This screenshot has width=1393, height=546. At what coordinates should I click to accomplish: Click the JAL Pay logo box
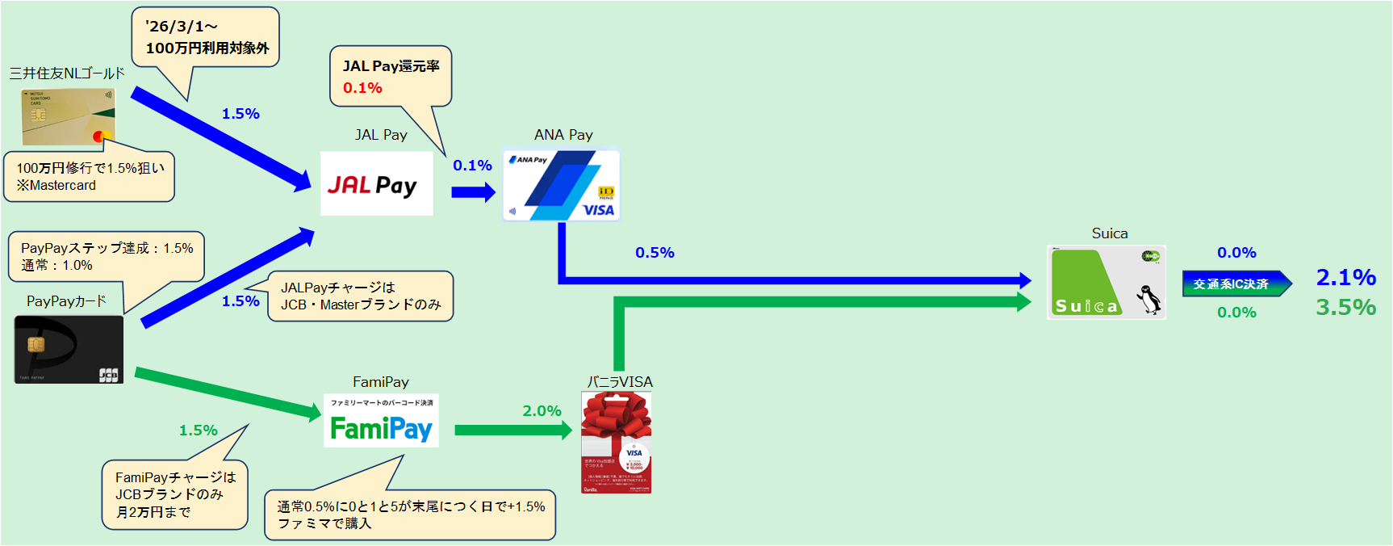[376, 184]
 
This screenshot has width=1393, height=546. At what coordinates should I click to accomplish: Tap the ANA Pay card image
[561, 184]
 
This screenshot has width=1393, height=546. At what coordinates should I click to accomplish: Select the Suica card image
[1106, 282]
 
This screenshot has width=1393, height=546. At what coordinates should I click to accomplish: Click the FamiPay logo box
[381, 421]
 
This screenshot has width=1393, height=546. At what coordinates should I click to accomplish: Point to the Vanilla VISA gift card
[616, 442]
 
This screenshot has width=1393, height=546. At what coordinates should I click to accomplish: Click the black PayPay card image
[69, 349]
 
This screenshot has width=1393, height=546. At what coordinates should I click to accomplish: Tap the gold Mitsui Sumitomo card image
[69, 116]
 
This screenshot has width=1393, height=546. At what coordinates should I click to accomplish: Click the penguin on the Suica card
[1149, 299]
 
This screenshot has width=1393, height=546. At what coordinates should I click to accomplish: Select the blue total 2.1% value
[1345, 277]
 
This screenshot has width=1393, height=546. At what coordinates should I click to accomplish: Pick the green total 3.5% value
[1345, 307]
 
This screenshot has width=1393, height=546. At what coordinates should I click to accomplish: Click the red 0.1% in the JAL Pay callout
[362, 88]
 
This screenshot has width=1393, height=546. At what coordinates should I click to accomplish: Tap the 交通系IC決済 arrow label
[1232, 283]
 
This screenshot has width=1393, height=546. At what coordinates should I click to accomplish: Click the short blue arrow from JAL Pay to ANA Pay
[473, 192]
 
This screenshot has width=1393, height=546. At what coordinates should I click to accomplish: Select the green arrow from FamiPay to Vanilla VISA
[512, 430]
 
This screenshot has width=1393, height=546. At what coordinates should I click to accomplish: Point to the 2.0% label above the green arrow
[542, 411]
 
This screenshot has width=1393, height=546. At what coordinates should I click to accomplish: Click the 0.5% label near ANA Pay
[655, 253]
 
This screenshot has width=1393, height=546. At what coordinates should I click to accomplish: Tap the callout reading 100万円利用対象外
[206, 37]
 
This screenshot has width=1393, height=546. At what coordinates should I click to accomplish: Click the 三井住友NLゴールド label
[67, 73]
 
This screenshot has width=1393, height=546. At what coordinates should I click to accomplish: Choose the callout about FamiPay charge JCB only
[174, 494]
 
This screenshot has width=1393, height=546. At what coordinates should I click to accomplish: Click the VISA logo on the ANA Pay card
[598, 210]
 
